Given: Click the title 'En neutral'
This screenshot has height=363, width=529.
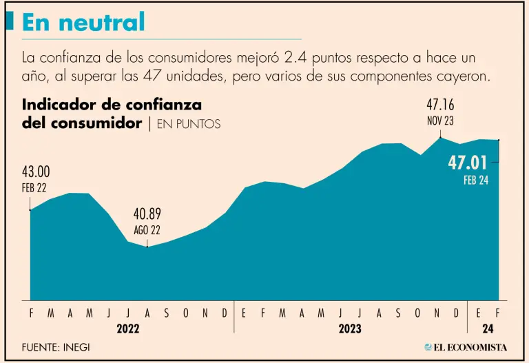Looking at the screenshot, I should tap(83, 22).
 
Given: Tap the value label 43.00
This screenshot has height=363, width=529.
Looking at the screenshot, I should tap(36, 172).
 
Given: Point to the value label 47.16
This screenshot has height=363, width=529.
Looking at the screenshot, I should tap(440, 105).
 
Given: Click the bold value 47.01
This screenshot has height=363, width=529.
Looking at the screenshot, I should tap(468, 163).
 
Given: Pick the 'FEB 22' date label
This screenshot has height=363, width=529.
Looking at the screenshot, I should tap(33, 187).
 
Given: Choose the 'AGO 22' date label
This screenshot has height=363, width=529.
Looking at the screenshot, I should tap(147, 229).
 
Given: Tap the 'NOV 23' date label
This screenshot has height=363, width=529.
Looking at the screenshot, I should tap(440, 121).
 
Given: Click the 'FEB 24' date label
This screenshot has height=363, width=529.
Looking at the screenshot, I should tap(475, 180).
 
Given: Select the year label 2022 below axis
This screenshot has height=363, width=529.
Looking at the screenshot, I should tap(128, 329).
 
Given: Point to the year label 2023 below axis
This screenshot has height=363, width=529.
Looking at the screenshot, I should tap(350, 329).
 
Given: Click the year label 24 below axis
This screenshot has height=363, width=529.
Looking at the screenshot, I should tap(488, 329).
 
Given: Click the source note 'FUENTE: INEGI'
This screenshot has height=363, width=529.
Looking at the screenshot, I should tap(55, 347).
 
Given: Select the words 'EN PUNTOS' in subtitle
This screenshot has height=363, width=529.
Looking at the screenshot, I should tap(189, 125).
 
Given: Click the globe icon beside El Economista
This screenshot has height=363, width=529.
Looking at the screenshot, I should tap(428, 347).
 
